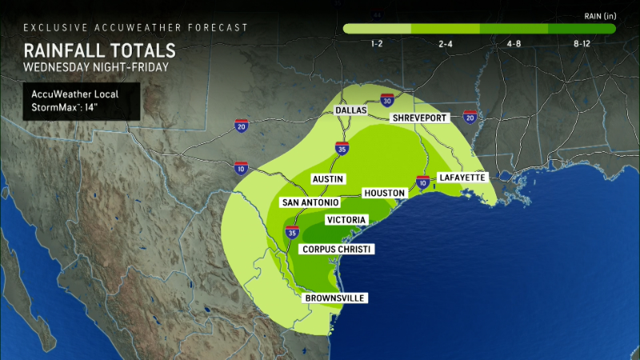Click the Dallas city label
pos(351,110)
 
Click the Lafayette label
pos(462,177)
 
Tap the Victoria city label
pos(346,220)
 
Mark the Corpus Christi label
pos(337,250)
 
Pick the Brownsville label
pos(334,298)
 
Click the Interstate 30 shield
pos(387,100)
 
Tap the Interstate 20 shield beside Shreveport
pos(470,118)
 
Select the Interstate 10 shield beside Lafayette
pos(422,182)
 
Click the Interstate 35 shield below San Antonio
pos(291,232)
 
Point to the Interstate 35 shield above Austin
pos(342,147)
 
